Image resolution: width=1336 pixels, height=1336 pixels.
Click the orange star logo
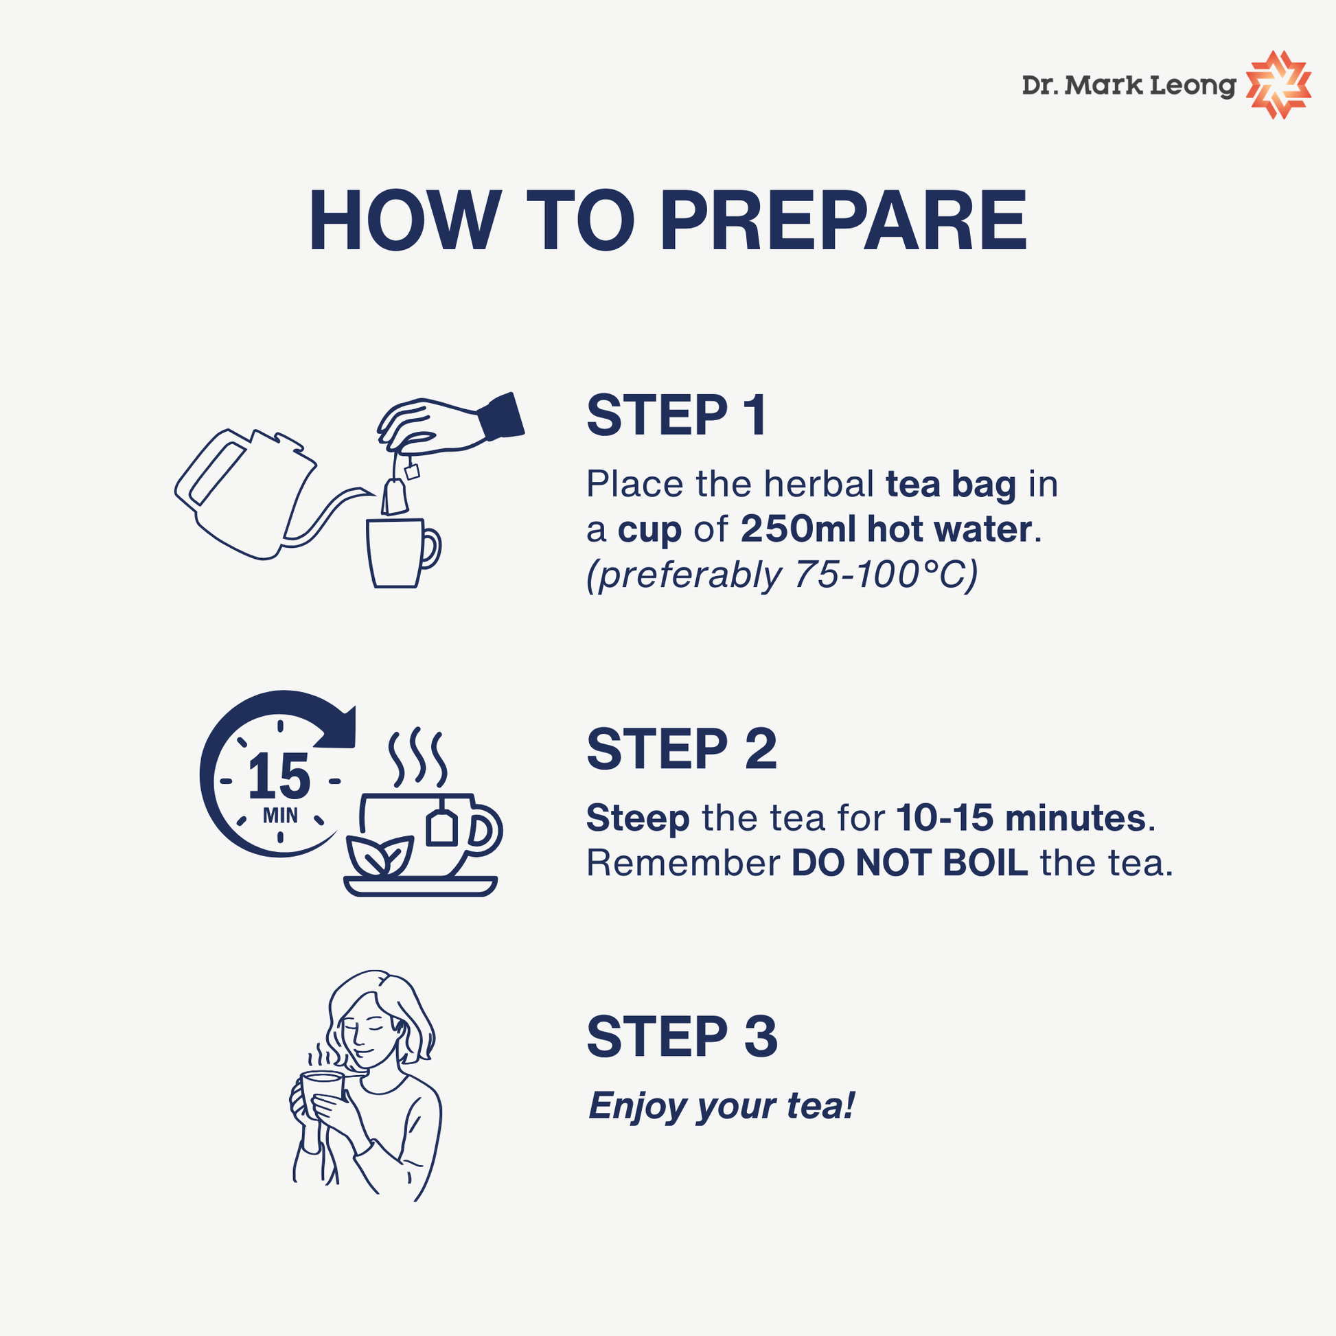click(x=1278, y=85)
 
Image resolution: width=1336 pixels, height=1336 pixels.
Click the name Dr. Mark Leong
click(x=1129, y=86)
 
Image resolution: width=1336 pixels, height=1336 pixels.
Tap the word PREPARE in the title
click(x=844, y=220)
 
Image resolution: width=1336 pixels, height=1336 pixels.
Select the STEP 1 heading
click(x=676, y=415)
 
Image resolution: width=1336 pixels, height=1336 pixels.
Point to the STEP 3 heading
click(x=682, y=1037)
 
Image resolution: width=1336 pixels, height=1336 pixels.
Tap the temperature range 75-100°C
click(x=879, y=575)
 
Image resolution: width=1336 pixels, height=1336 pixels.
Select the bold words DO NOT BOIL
click(x=910, y=863)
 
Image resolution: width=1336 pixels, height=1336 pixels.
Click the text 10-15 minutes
click(x=1021, y=818)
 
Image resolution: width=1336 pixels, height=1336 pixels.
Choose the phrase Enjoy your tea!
click(x=722, y=1106)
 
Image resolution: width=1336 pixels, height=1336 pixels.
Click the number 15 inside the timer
click(x=279, y=776)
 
